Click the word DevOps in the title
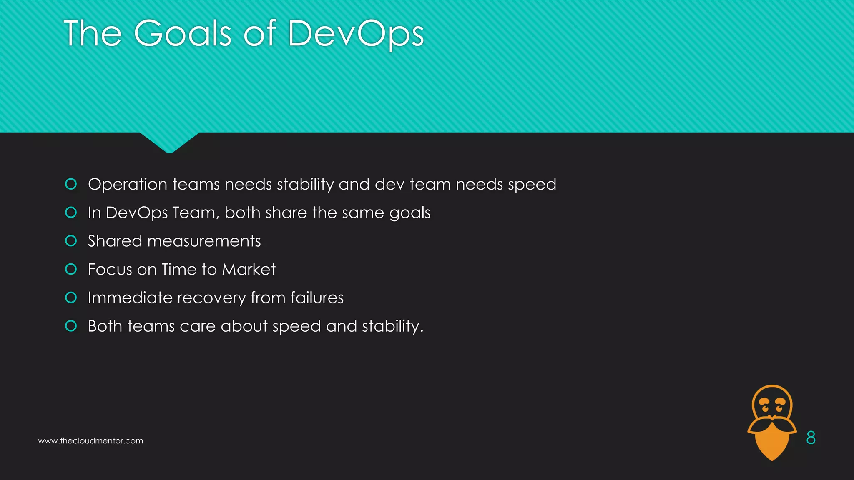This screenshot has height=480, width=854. tap(355, 34)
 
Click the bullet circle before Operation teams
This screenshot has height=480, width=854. tap(71, 184)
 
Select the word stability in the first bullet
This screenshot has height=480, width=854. tap(305, 184)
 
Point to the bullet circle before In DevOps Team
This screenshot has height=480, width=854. tap(71, 212)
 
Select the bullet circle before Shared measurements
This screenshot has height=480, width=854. tap(71, 241)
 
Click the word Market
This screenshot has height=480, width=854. tap(249, 269)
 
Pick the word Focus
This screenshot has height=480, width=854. tap(110, 269)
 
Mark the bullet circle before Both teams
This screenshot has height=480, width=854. tap(71, 326)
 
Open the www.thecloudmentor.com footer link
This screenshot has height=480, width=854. tap(90, 441)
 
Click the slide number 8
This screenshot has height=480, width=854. tap(811, 437)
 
